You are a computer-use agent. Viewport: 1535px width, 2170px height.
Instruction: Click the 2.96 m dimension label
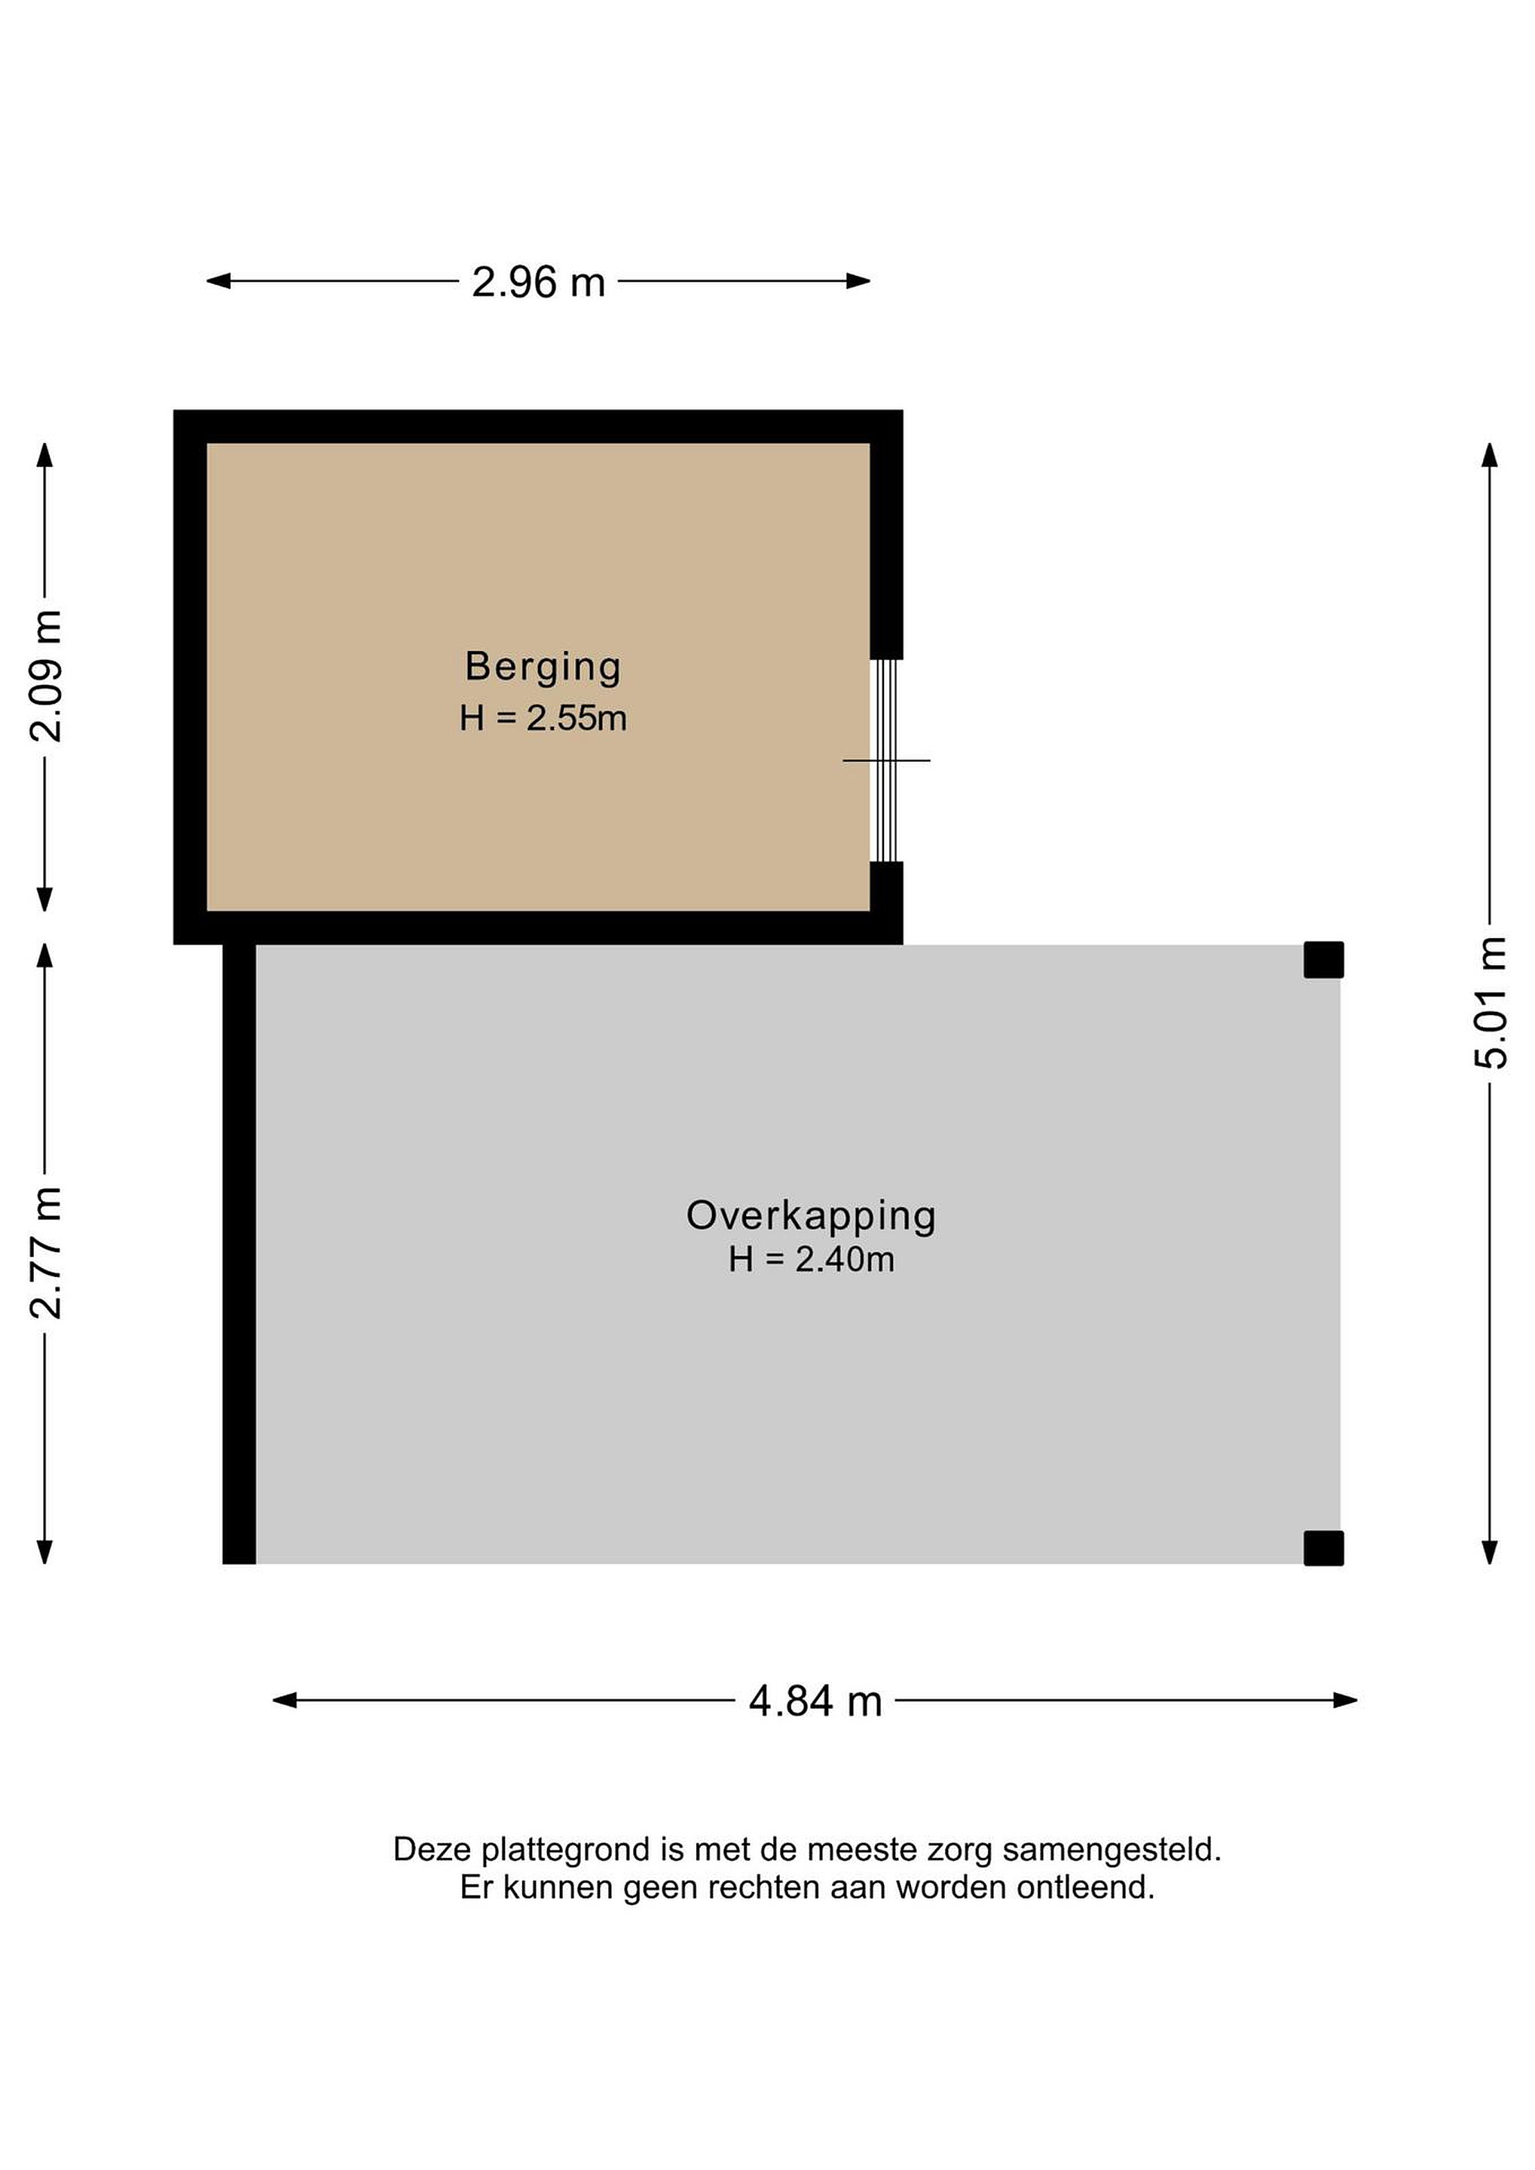pyautogui.click(x=539, y=282)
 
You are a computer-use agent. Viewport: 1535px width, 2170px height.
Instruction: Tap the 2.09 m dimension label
pyautogui.click(x=45, y=676)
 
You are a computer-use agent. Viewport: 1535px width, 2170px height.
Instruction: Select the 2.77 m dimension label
pyautogui.click(x=45, y=1253)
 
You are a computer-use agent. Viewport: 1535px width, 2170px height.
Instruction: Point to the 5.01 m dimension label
pyautogui.click(x=1491, y=1003)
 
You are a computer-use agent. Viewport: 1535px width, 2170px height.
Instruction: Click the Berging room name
pyautogui.click(x=543, y=668)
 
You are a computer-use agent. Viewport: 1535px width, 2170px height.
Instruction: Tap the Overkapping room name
pyautogui.click(x=811, y=1216)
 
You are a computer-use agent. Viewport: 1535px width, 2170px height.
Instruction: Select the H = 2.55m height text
pyautogui.click(x=543, y=718)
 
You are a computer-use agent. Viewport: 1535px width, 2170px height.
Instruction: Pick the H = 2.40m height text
pyautogui.click(x=811, y=1259)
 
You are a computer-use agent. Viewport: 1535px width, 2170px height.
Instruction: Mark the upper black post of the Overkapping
pyautogui.click(x=1323, y=960)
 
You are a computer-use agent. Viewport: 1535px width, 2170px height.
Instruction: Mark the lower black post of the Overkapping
pyautogui.click(x=1323, y=1548)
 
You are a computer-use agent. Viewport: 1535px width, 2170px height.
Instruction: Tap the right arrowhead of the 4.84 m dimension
pyautogui.click(x=1346, y=1701)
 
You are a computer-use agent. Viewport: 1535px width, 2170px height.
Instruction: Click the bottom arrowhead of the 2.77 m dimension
pyautogui.click(x=44, y=1553)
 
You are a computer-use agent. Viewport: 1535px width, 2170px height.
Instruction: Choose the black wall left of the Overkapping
pyautogui.click(x=239, y=1255)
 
